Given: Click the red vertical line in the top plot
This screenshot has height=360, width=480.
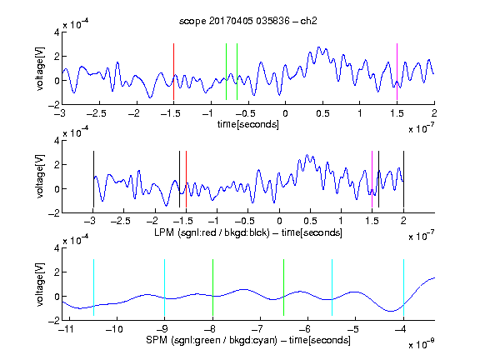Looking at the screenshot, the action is pos(173,72).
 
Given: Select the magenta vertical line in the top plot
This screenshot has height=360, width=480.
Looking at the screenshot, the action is pos(397,72).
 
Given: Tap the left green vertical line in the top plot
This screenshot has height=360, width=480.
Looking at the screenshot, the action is pos(226,72).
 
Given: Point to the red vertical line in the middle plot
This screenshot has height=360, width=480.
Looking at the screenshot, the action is pos(186,179).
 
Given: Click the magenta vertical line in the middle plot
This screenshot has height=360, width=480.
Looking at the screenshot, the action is pos(372,179).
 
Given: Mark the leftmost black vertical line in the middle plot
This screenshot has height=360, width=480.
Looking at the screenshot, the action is pos(93,179).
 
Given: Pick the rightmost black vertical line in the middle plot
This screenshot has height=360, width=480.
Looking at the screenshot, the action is pos(403,179).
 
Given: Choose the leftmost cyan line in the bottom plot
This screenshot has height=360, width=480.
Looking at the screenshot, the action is pos(93,287).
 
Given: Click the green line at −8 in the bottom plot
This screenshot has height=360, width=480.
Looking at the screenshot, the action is pos(212,287).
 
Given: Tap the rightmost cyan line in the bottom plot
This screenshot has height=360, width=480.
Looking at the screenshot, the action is pos(403,287).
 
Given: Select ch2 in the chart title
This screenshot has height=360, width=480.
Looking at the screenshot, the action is pos(308,21).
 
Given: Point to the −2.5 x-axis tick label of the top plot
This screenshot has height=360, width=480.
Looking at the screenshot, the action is pos(97,113).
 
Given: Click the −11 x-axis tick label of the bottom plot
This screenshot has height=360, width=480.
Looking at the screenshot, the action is pos(66,329).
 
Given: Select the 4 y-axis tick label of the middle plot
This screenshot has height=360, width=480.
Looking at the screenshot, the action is pos(57,141).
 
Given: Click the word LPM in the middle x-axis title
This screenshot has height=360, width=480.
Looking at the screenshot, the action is pos(164,232).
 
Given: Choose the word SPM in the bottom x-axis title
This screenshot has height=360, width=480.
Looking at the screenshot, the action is pos(157,340).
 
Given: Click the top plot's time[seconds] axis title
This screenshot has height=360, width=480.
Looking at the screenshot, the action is pos(248,124).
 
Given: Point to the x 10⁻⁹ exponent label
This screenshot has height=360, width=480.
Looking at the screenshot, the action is pos(422,344).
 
